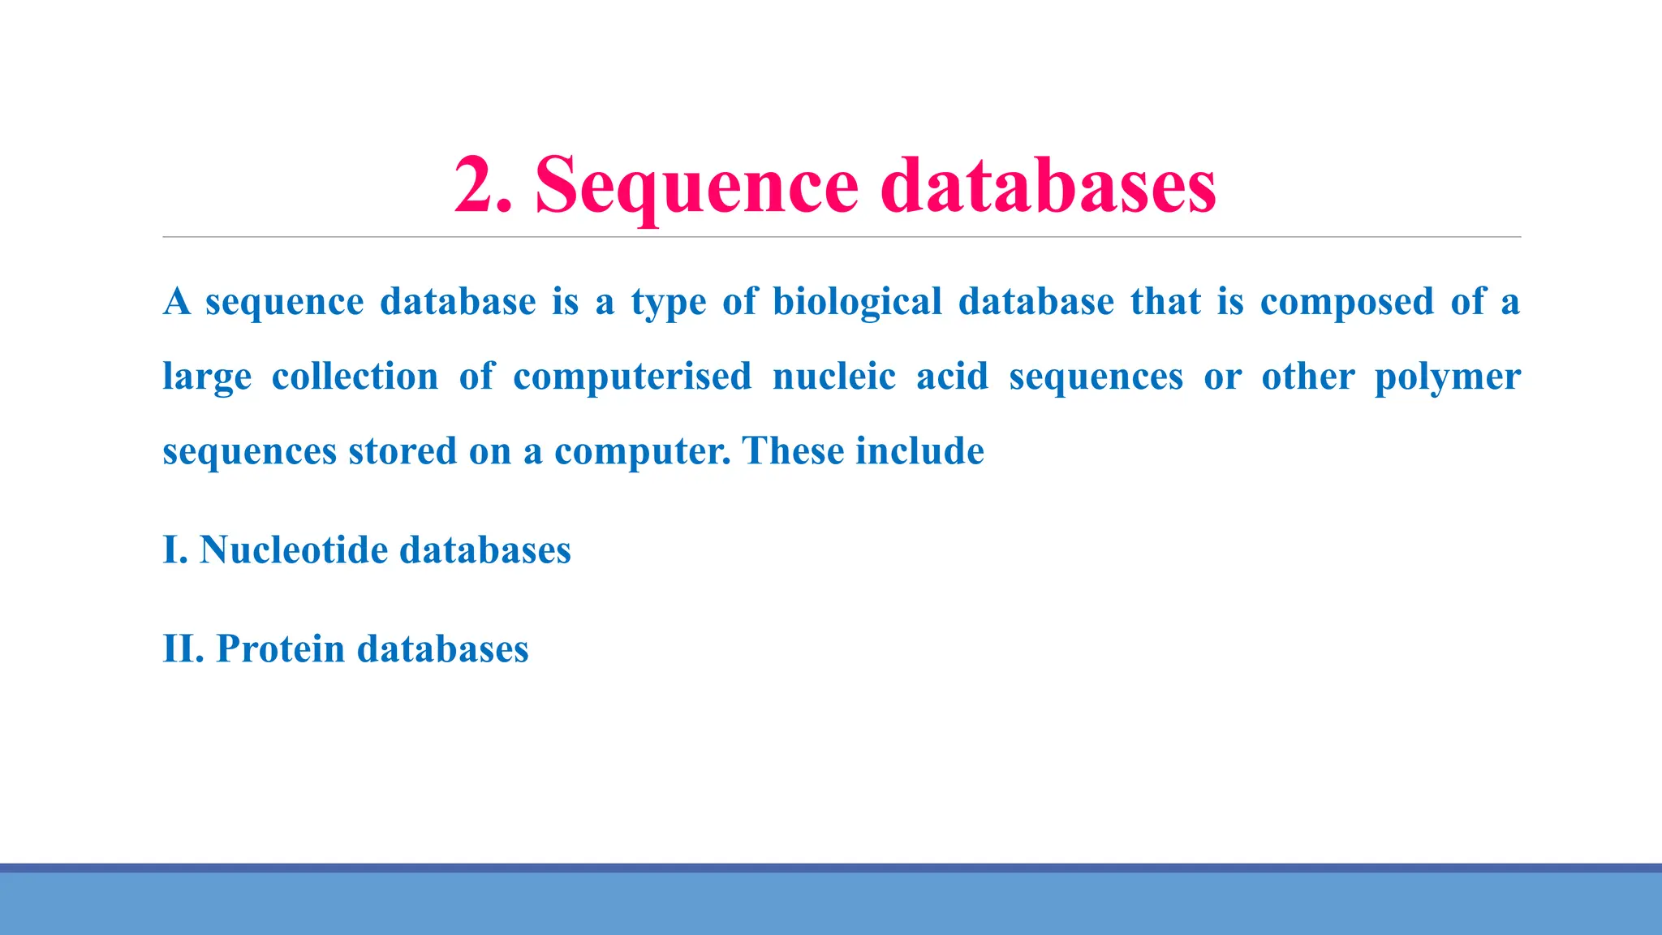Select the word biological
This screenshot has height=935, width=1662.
(857, 302)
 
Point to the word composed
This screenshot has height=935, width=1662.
(1347, 302)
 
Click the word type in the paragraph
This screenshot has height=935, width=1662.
(669, 302)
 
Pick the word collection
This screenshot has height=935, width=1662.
(355, 377)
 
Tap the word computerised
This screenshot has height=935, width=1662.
(632, 377)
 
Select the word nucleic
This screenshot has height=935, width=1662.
(834, 377)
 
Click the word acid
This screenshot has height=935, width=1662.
(952, 377)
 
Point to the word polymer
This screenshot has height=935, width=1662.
(1447, 377)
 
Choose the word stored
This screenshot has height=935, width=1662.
(403, 451)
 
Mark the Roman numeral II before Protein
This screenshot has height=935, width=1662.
(180, 649)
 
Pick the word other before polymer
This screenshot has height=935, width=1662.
(1307, 377)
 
